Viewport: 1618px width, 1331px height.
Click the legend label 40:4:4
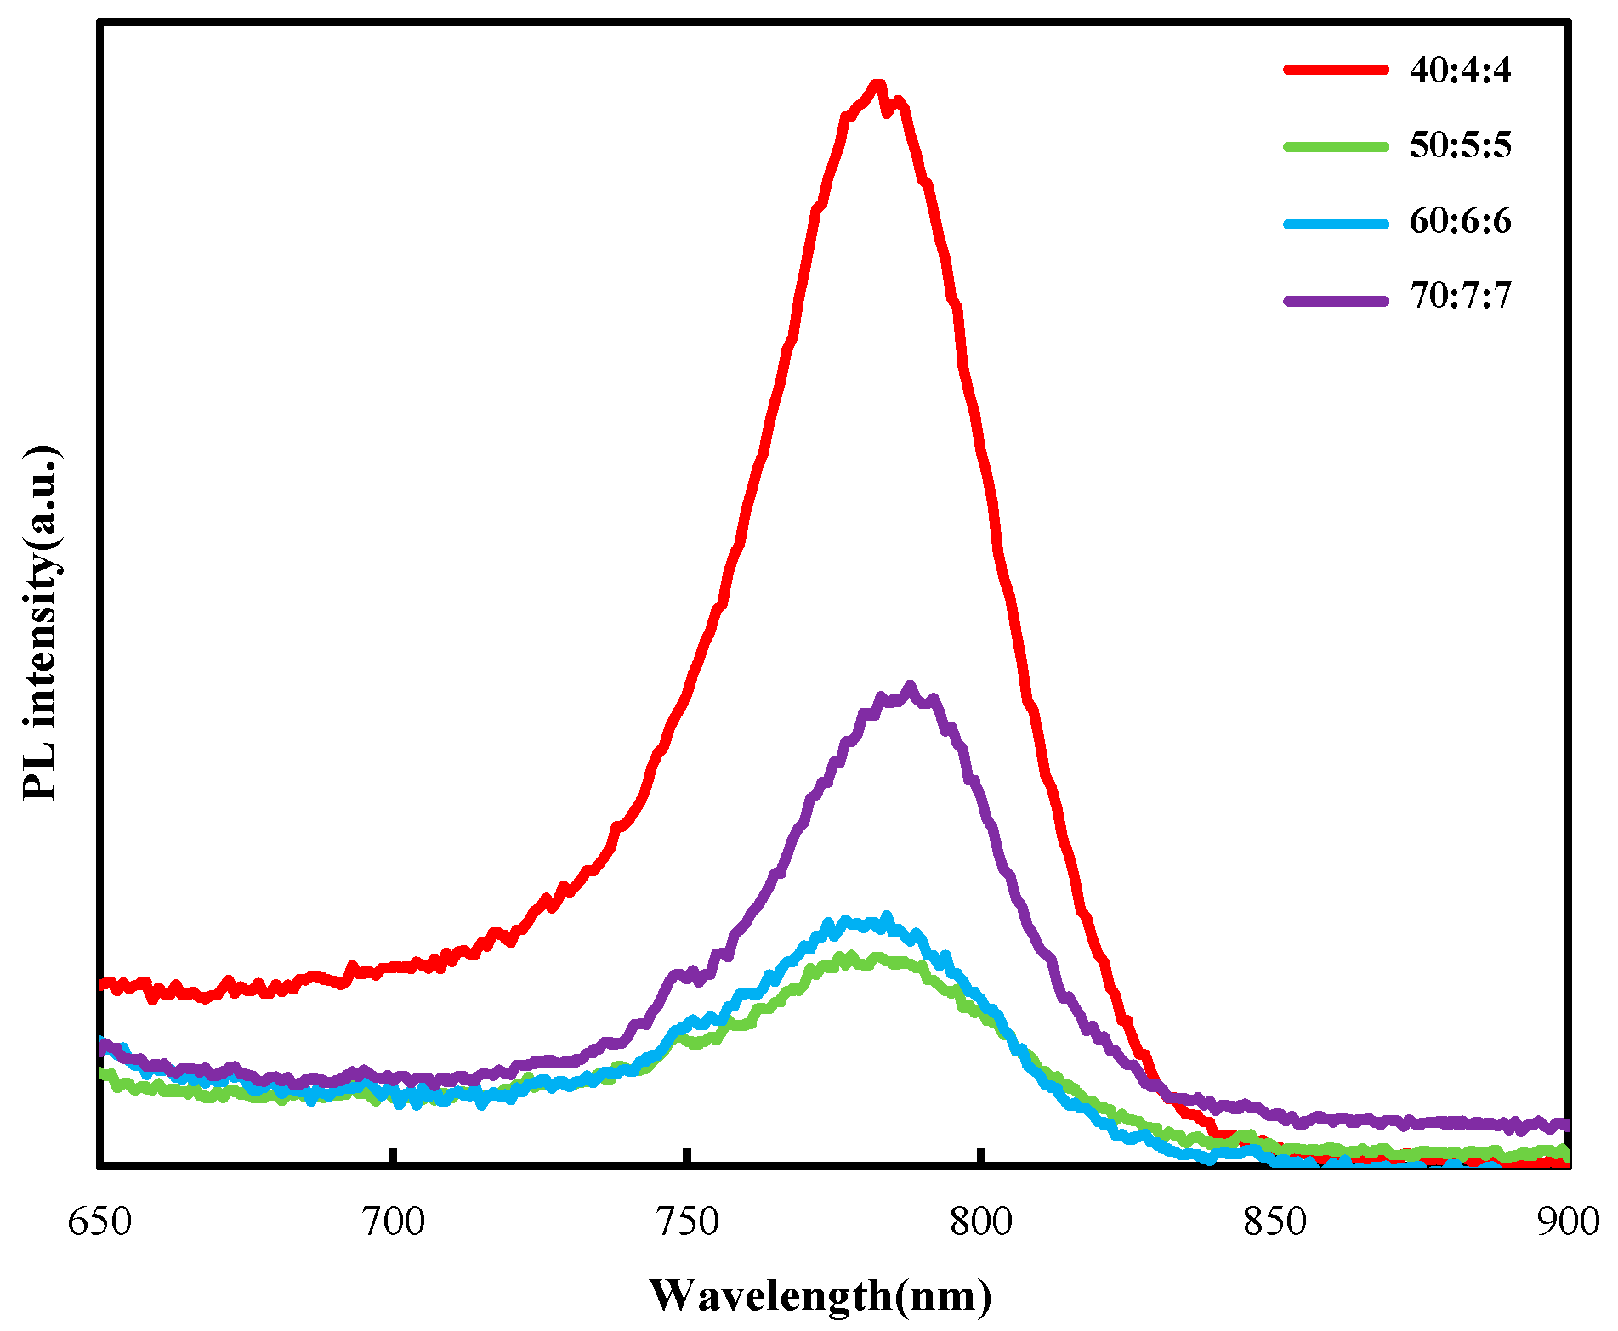[1460, 70]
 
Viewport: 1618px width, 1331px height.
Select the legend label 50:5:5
[1460, 145]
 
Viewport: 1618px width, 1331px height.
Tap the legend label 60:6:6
[1460, 221]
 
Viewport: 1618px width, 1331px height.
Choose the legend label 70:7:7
[1460, 296]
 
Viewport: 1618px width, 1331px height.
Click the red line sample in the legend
[1335, 70]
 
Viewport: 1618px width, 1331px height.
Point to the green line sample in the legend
[1335, 146]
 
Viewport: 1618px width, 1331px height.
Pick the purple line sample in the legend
[1335, 299]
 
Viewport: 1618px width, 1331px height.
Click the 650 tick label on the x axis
[100, 1222]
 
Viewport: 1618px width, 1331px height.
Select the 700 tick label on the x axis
[393, 1222]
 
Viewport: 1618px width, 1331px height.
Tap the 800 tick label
[981, 1222]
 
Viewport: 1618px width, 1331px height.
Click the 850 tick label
[1275, 1222]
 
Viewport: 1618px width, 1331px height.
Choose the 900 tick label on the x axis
[1568, 1222]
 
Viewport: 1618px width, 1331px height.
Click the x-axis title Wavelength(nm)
[820, 1295]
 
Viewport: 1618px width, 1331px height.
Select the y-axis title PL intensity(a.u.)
[40, 622]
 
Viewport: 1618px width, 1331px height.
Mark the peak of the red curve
[877, 84]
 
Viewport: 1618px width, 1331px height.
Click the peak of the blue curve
[887, 916]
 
